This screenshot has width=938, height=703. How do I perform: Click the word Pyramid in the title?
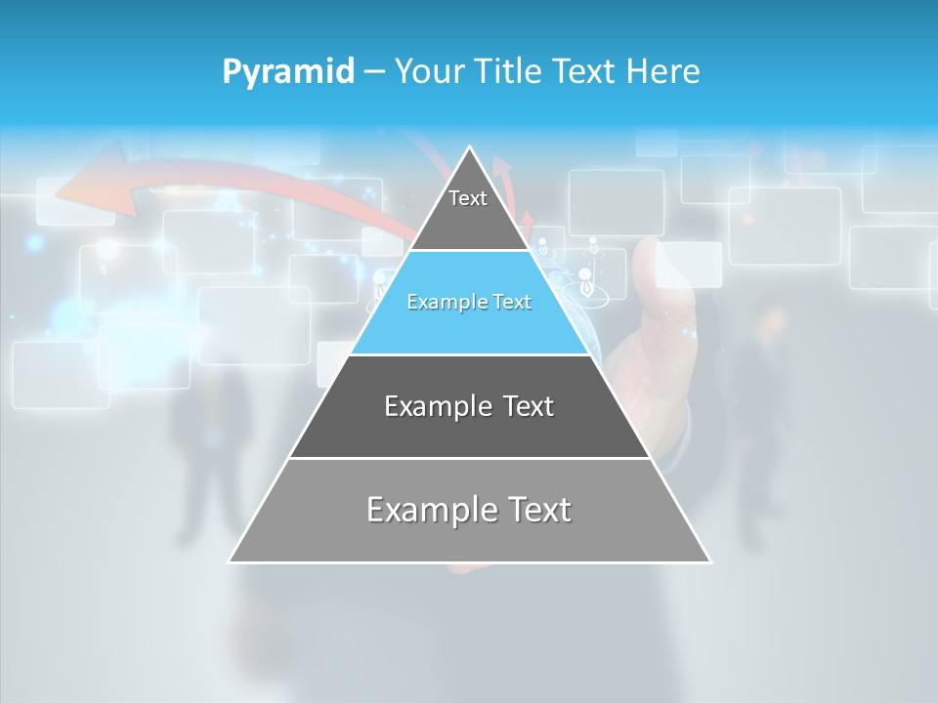pyautogui.click(x=287, y=72)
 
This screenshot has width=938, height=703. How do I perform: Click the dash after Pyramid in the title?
pyautogui.click(x=373, y=72)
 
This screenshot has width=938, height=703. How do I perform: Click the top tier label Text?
pyautogui.click(x=468, y=198)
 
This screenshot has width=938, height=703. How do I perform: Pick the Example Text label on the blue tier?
pyautogui.click(x=469, y=302)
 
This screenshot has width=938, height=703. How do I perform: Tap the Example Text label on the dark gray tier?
pyautogui.click(x=469, y=406)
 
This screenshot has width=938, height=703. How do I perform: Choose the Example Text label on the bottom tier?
pyautogui.click(x=469, y=510)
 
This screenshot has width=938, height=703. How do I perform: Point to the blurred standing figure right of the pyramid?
pyautogui.click(x=757, y=410)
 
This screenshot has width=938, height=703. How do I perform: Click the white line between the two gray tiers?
pyautogui.click(x=469, y=458)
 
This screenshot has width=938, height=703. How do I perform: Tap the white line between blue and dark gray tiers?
pyautogui.click(x=469, y=354)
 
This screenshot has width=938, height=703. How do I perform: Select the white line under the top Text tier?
pyautogui.click(x=469, y=250)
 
